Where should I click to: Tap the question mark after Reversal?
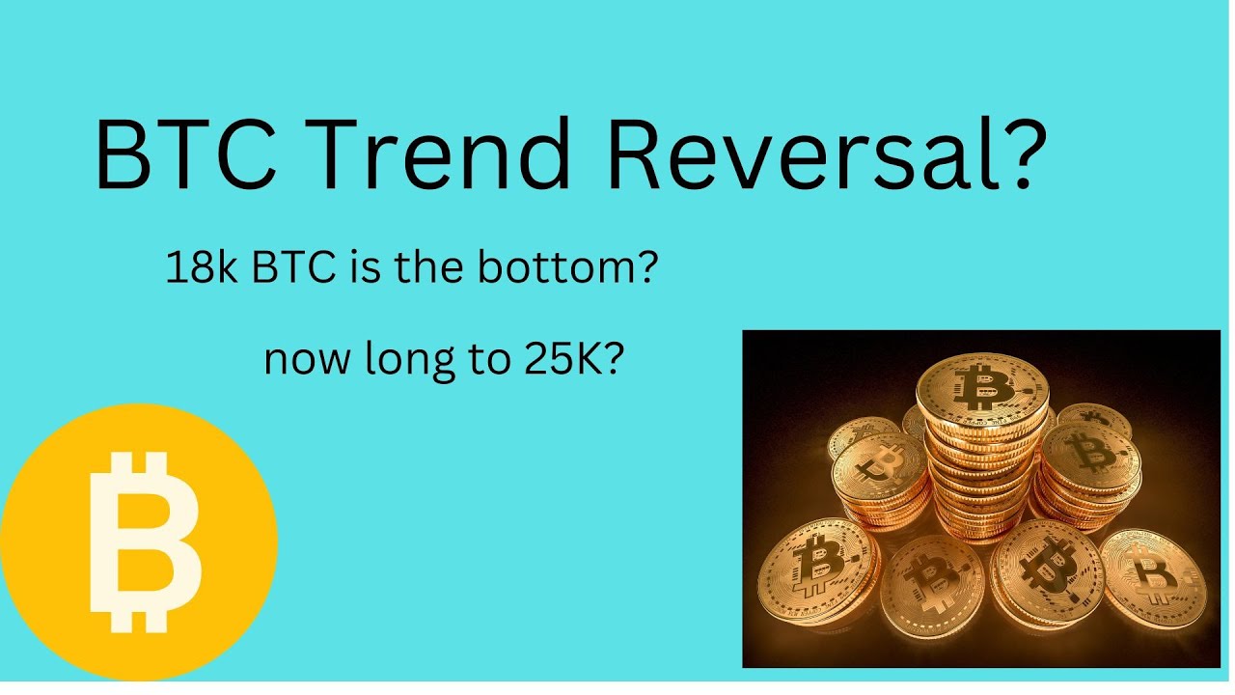pyautogui.click(x=1016, y=154)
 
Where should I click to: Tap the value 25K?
pyautogui.click(x=563, y=360)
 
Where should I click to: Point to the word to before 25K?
pyautogui.click(x=473, y=361)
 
